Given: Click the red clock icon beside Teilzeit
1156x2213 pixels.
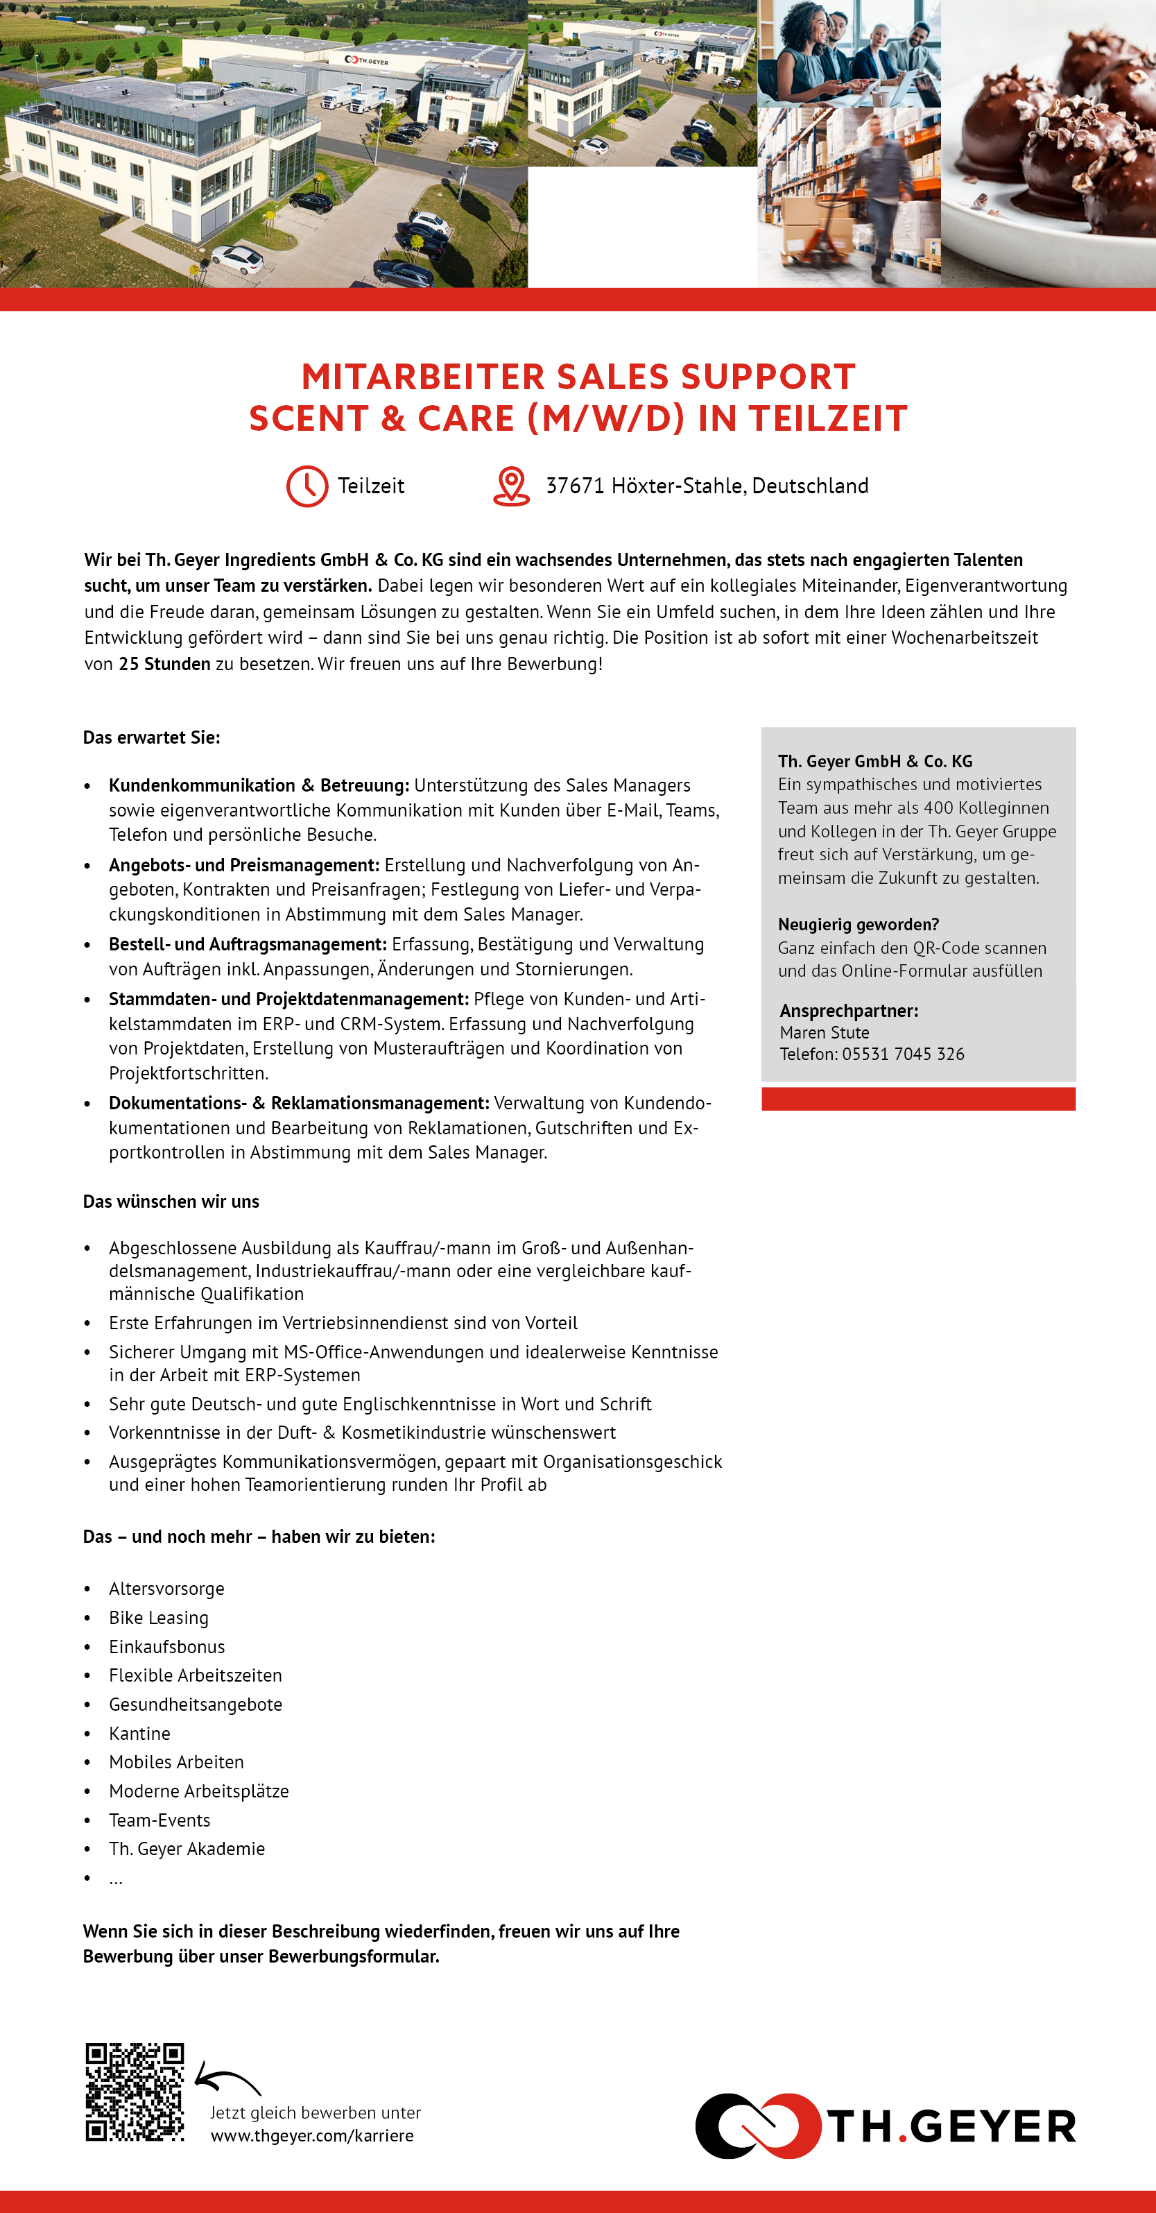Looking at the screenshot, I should [307, 486].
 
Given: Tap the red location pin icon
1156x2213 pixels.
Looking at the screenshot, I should [511, 486].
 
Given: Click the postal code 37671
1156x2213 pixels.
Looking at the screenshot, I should [576, 486].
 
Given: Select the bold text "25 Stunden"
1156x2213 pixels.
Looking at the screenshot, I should [164, 664].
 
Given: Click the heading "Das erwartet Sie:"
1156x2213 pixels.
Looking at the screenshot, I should [151, 737].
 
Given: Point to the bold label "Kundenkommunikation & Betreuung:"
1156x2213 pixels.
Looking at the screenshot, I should [259, 785].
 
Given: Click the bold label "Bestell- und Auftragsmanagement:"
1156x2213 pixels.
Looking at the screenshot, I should [248, 944].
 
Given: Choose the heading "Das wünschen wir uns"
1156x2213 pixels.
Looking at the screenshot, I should [171, 1201].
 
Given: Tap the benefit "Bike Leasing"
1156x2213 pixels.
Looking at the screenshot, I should [158, 1618].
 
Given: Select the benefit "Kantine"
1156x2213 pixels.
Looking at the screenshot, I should [139, 1733].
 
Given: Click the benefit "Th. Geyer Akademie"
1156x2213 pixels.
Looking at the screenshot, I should [187, 1848].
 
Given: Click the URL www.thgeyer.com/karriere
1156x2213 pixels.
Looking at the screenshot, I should [312, 2136].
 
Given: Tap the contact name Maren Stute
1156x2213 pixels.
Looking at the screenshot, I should [824, 1033].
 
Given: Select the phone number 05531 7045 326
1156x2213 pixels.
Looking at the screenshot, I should [903, 1054].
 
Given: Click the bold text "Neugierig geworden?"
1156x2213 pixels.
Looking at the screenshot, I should [858, 924].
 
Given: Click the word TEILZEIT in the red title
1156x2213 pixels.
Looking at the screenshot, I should [827, 418].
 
